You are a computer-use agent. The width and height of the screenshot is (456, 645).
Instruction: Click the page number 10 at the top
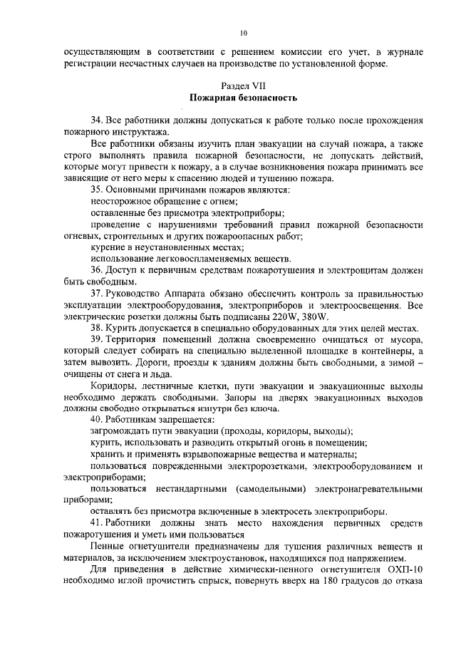243,33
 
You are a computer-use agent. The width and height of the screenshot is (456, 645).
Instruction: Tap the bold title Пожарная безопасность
243,96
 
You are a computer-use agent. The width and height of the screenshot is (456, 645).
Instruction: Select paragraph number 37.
96,295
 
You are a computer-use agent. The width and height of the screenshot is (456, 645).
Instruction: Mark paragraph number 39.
96,341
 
